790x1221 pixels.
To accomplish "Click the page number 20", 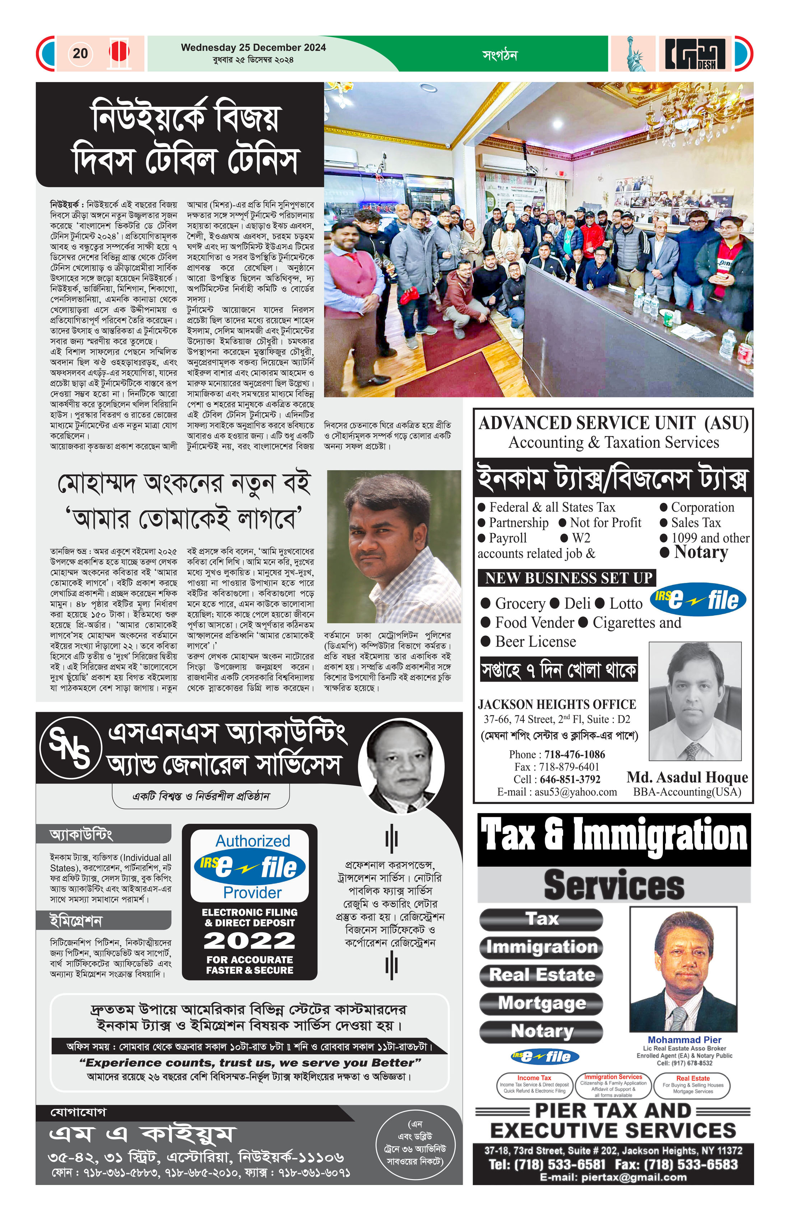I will pyautogui.click(x=80, y=54).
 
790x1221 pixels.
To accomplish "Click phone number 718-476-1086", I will pyautogui.click(x=575, y=754).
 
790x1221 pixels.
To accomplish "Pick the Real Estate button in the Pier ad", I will pyautogui.click(x=541, y=974).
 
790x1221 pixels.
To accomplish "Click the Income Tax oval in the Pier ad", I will pyautogui.click(x=534, y=1085).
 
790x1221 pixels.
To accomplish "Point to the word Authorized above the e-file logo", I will pyautogui.click(x=252, y=841).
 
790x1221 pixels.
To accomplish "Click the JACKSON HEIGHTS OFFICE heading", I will pyautogui.click(x=557, y=704).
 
